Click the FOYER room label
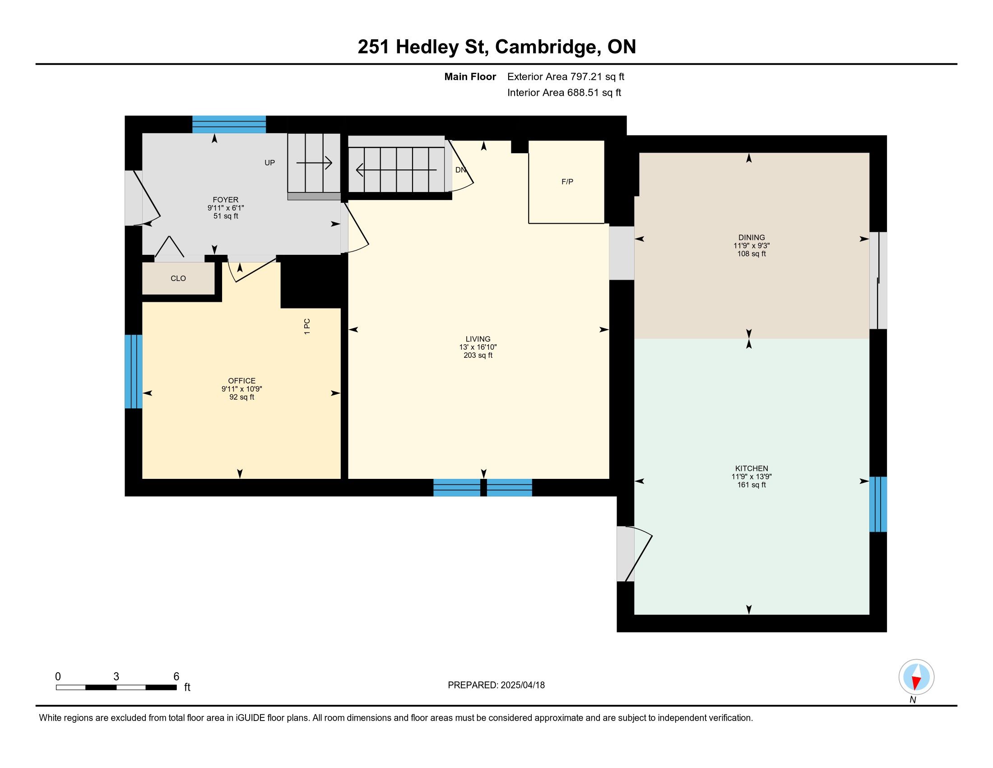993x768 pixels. (x=226, y=200)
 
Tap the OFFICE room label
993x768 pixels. (x=242, y=381)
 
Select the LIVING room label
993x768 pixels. (x=478, y=339)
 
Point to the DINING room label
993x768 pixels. (x=752, y=238)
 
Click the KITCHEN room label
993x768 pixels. (x=752, y=468)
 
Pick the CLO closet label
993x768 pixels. (x=178, y=278)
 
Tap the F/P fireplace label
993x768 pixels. (x=567, y=182)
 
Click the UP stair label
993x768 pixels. (x=269, y=163)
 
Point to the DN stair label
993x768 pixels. (x=460, y=170)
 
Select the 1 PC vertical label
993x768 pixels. (x=307, y=327)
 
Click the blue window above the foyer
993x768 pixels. (x=229, y=125)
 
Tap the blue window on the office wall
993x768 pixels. (x=134, y=372)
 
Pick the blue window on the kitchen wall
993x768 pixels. (x=878, y=504)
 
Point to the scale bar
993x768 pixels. (x=116, y=687)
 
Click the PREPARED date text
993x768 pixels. (x=496, y=685)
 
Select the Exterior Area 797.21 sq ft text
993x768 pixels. (x=566, y=77)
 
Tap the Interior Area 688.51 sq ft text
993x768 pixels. (x=564, y=93)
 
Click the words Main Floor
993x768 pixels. (x=470, y=77)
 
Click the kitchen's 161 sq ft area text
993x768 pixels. (x=752, y=485)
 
